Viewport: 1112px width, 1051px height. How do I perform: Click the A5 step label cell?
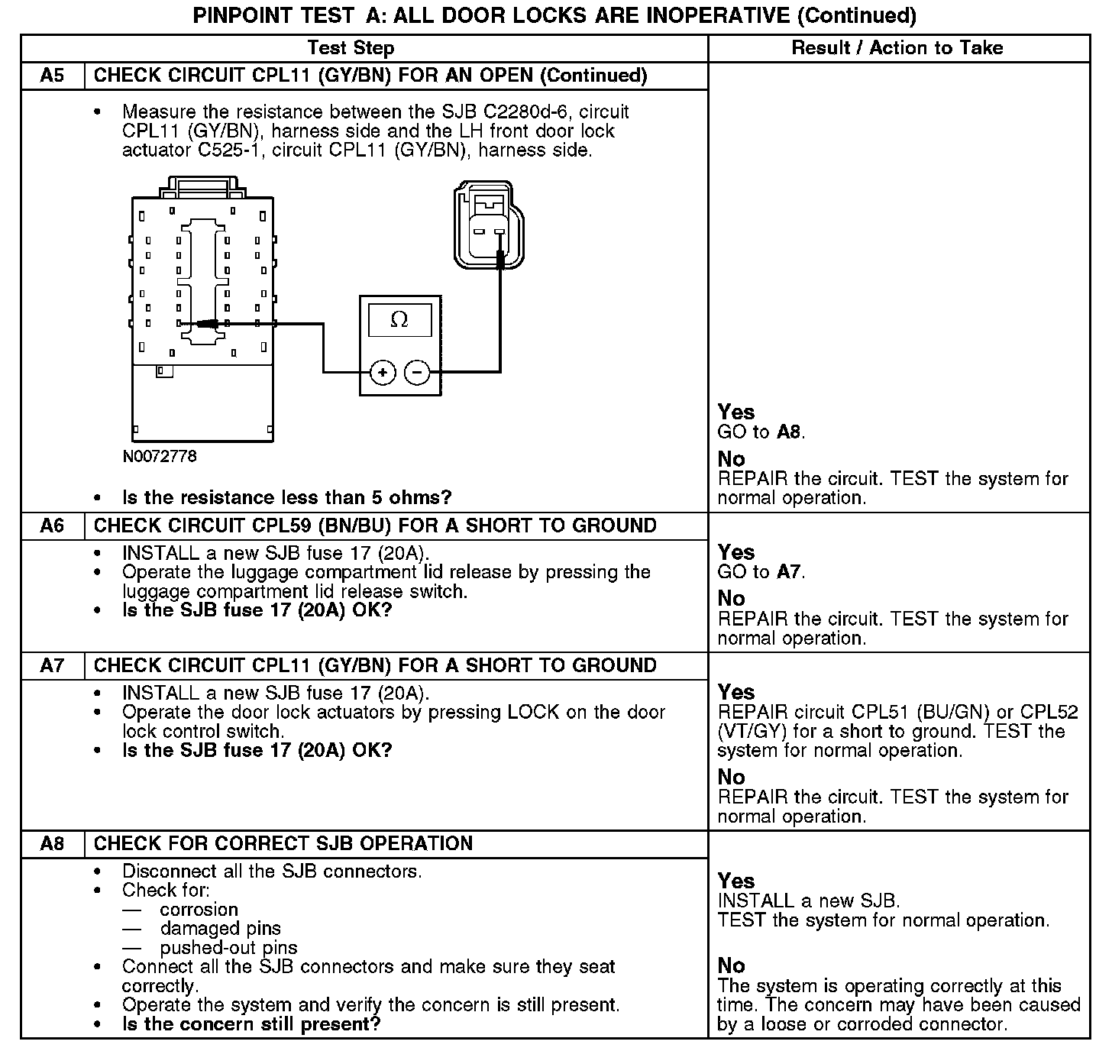[x=53, y=76]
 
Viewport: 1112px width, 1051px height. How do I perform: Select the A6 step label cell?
[x=53, y=525]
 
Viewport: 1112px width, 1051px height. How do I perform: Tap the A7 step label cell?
[x=53, y=665]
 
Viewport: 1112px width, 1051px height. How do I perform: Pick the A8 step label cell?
[x=53, y=843]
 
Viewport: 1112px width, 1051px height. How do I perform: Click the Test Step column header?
[x=351, y=48]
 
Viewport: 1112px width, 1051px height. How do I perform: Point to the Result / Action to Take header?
[x=897, y=48]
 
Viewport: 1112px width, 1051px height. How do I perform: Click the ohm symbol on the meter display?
[x=399, y=320]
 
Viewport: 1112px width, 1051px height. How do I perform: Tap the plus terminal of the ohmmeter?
[x=383, y=373]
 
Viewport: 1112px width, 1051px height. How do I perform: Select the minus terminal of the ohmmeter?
[x=417, y=373]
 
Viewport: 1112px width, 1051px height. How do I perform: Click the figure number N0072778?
[x=160, y=457]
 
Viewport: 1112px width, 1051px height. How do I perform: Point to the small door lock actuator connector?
[x=489, y=225]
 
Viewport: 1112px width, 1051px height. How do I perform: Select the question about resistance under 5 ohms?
[x=287, y=498]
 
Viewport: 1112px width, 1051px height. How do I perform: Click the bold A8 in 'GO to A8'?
[x=789, y=432]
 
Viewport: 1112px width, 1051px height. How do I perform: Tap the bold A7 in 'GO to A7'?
[x=789, y=571]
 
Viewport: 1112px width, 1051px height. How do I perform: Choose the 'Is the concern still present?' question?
[x=251, y=1024]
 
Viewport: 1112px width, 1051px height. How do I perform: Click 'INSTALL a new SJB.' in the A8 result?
[x=809, y=901]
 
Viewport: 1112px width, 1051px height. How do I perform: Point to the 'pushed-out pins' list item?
[x=228, y=948]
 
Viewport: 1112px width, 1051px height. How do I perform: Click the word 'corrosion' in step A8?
[x=199, y=910]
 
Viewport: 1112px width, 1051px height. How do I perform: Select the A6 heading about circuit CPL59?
[x=375, y=525]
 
